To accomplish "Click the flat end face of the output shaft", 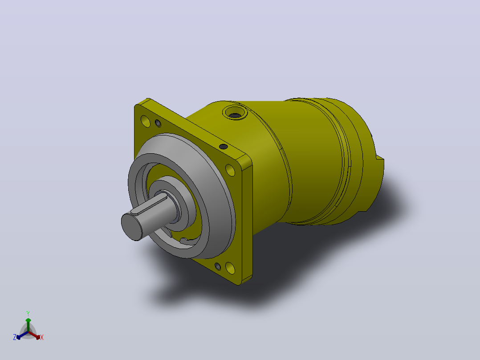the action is tap(132, 227).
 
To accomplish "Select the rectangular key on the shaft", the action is tap(149, 205).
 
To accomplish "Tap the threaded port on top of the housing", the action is tap(235, 112).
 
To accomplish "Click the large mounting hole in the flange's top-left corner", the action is tap(146, 121).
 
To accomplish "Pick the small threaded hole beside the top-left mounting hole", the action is tap(158, 123).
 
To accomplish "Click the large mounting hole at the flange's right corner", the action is tap(230, 170).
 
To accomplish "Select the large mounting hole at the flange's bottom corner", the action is tap(230, 268).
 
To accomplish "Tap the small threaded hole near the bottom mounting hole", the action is tap(218, 266).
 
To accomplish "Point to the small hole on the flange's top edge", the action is tap(224, 147).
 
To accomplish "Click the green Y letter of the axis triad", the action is tap(28, 313).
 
